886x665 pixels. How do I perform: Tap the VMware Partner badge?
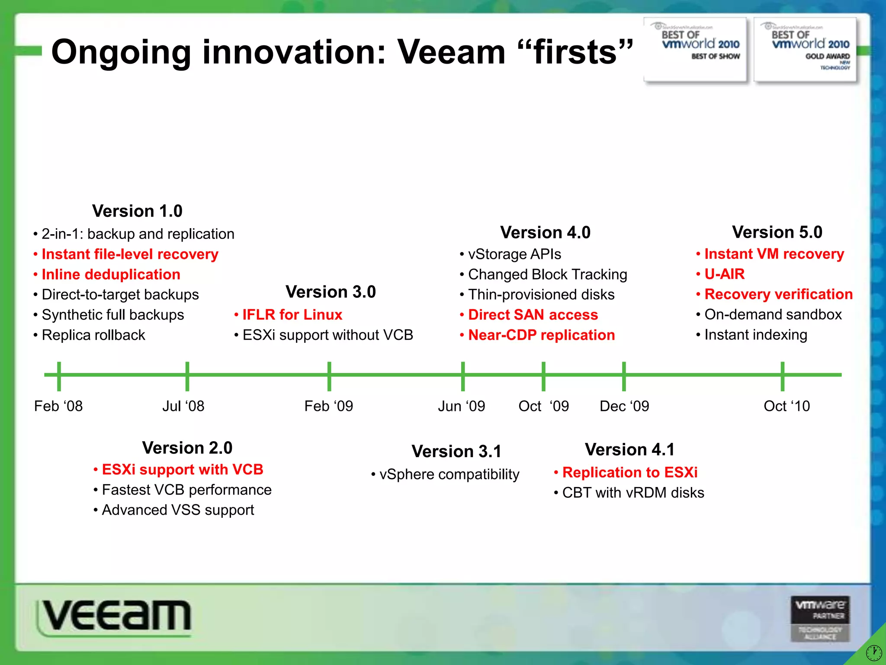point(820,619)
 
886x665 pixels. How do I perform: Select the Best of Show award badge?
point(695,49)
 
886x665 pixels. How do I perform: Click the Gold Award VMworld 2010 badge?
point(805,49)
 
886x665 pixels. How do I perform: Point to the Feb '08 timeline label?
point(58,406)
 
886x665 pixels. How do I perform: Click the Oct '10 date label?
point(786,406)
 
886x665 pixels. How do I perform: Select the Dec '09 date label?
point(624,406)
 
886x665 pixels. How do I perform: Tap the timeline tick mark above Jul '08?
point(187,376)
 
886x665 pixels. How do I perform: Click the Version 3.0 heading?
point(331,292)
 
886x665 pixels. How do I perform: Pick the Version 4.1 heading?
point(629,449)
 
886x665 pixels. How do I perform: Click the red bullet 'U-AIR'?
point(724,274)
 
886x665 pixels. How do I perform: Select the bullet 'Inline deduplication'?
point(111,274)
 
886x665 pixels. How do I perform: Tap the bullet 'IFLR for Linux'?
point(292,315)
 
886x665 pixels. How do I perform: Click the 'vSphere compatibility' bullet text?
point(449,475)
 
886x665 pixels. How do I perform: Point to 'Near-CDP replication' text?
point(541,335)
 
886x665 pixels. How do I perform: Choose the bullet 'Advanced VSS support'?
point(178,510)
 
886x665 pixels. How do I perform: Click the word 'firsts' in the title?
point(575,52)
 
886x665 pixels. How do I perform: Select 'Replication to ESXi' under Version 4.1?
point(629,472)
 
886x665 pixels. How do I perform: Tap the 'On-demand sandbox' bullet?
point(773,314)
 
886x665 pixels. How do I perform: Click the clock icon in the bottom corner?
point(874,652)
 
